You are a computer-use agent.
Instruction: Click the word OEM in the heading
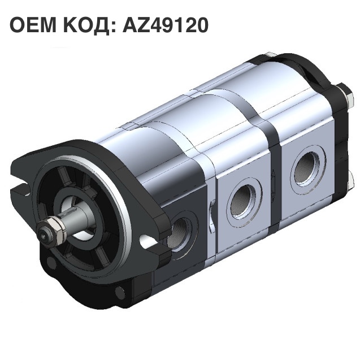pos(33,25)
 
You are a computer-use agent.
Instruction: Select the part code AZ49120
pos(165,25)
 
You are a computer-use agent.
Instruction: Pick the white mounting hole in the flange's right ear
pos(147,241)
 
